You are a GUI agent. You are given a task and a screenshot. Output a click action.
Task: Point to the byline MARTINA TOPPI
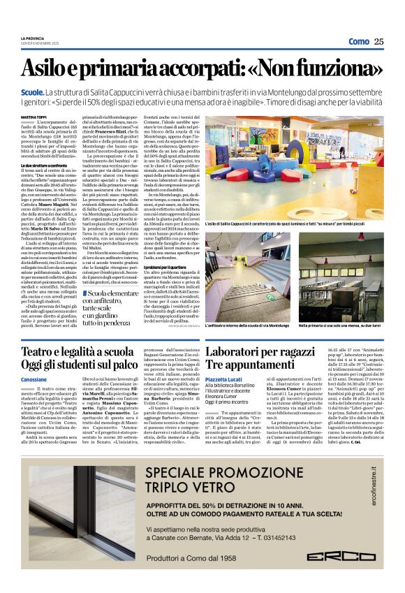point(34,118)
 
